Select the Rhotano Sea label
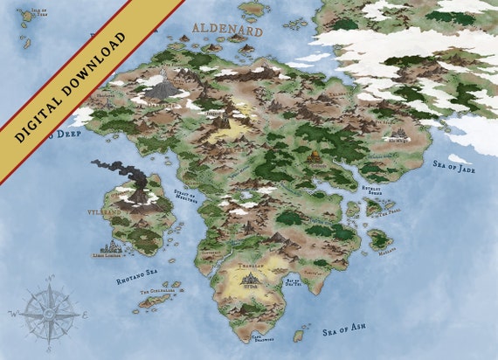pyautogui.click(x=136, y=280)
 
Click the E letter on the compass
pyautogui.click(x=84, y=312)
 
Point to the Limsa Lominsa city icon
pyautogui.click(x=111, y=246)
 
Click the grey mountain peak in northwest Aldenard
pyautogui.click(x=161, y=88)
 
